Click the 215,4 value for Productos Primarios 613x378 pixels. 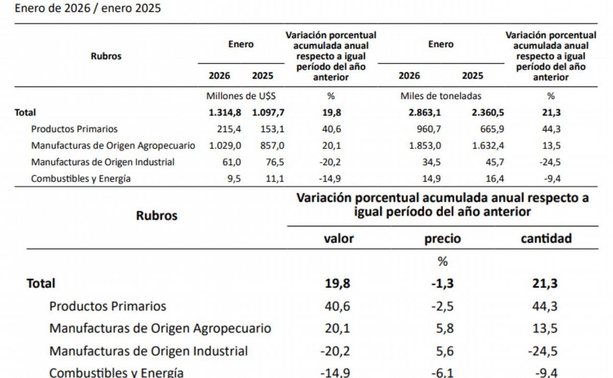click(x=229, y=129)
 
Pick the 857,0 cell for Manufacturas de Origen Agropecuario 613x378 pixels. click(x=272, y=146)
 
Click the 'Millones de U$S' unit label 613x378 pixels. click(x=241, y=96)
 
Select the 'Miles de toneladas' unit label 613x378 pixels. click(x=441, y=96)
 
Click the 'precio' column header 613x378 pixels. click(x=442, y=239)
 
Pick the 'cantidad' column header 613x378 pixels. click(x=546, y=239)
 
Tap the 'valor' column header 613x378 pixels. click(x=339, y=239)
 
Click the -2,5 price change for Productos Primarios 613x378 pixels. click(x=442, y=306)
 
